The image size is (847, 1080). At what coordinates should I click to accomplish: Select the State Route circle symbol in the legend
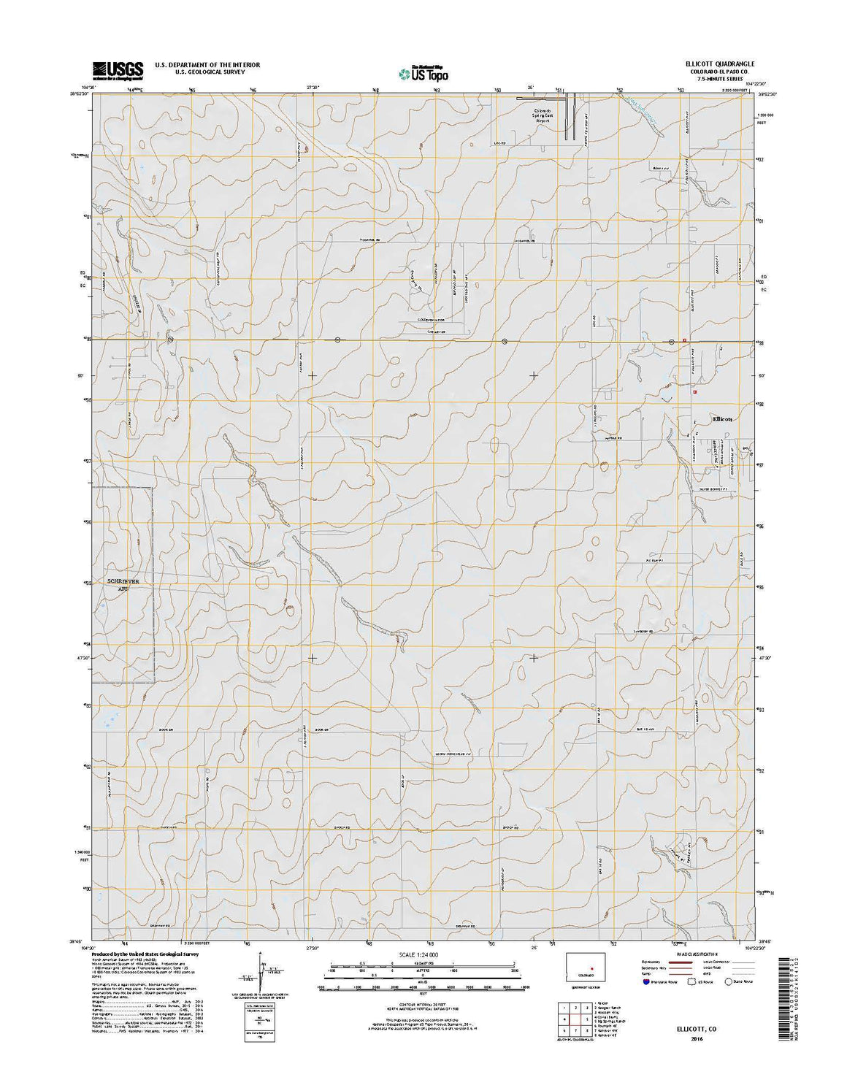(729, 982)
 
